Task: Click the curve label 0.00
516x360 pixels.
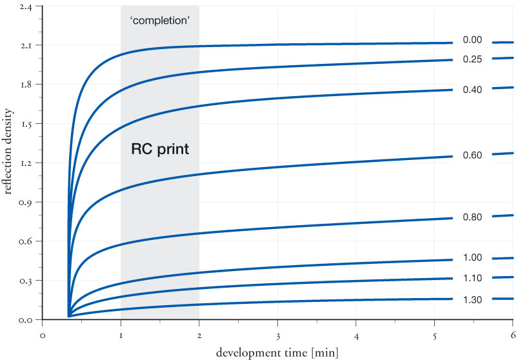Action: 472,40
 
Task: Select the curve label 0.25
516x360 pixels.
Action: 472,59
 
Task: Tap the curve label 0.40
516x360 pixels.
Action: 472,90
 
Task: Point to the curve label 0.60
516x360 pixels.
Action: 472,155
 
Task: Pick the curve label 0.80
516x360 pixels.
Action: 472,217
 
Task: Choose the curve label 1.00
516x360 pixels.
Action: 472,258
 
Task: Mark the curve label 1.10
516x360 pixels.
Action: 472,278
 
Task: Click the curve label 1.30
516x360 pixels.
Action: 472,300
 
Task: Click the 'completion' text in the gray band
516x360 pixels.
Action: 160,20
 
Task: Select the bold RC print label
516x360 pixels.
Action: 160,149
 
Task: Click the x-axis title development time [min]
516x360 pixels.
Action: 277,352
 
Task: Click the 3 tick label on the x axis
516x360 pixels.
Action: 277,335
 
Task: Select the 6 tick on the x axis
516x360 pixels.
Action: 512,335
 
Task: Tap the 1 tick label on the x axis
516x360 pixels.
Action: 121,335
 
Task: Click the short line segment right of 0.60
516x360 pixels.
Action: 502,154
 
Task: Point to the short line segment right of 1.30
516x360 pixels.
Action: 502,299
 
